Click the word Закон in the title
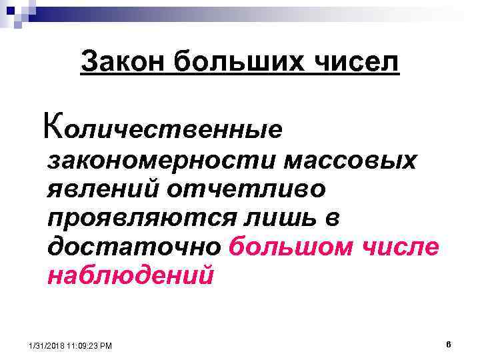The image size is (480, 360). [x=121, y=63]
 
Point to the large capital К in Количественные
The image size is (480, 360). [x=51, y=124]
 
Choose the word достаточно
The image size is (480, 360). [x=134, y=247]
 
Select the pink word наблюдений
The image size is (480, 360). [x=131, y=275]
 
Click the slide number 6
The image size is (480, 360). [x=449, y=344]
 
